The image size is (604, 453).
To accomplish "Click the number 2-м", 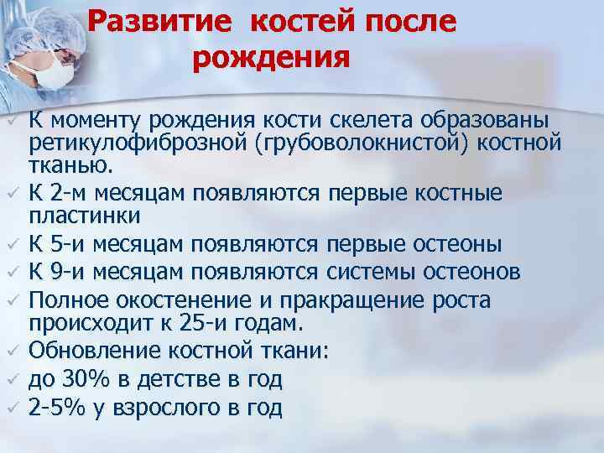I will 69,193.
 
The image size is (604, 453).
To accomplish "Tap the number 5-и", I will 68,244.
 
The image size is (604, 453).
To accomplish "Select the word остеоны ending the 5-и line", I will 455,244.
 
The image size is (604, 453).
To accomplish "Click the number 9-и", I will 68,272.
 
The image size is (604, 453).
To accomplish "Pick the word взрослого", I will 168,409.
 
